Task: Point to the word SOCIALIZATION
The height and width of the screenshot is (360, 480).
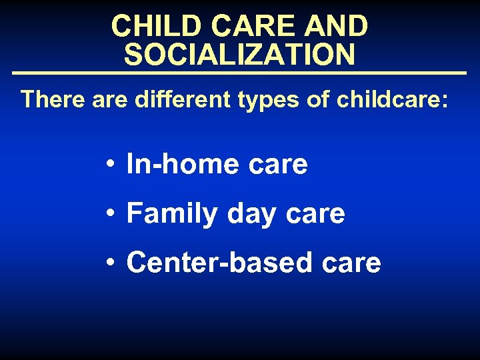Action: pos(239,55)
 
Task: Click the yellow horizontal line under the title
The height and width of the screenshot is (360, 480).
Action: pos(239,72)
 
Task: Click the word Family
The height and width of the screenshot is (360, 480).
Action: pos(172,214)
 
